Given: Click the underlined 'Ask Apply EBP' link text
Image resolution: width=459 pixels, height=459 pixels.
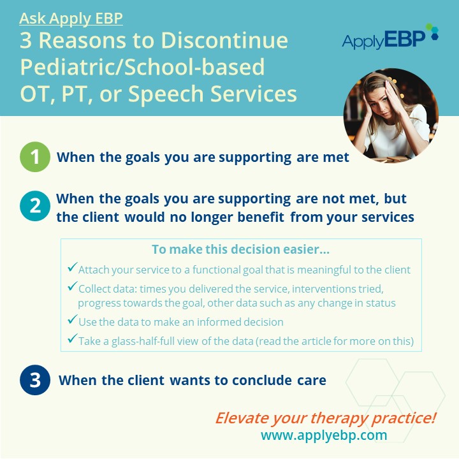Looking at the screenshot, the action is coord(71,18).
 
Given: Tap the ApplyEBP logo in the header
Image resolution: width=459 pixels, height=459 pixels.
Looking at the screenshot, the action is coord(390,37).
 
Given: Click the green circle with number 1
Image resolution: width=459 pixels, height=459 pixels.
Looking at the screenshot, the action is coord(35,157).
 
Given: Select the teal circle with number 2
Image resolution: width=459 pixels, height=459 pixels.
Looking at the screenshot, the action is coord(35,206).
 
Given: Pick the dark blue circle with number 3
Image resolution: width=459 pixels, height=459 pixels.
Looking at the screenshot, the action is coord(35,380).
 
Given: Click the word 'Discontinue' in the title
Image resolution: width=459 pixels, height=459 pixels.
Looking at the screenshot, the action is coord(224,40).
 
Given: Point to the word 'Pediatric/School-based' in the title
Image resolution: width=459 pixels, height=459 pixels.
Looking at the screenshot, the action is coord(142,67).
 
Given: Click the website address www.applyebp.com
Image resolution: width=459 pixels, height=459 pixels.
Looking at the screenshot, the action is coord(324,435).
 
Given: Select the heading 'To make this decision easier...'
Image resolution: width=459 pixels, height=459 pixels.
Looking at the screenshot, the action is coord(240,249).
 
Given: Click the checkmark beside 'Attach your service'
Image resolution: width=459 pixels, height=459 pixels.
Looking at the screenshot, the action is coord(72,267).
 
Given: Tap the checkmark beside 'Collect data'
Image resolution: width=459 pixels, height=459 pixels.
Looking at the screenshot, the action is coord(72,286).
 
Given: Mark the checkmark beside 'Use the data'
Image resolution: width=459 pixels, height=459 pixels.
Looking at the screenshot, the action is coord(72,319).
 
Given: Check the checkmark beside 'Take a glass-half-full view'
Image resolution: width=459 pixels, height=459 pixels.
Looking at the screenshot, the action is coord(72,338).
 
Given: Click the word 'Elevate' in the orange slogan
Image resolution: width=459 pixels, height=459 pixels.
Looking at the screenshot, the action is coord(242,418).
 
